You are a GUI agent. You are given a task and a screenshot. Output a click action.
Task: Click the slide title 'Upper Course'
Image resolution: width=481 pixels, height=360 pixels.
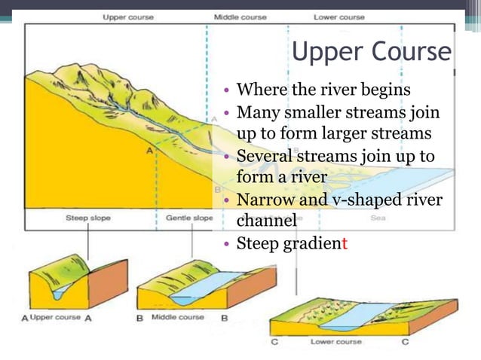pyautogui.click(x=371, y=53)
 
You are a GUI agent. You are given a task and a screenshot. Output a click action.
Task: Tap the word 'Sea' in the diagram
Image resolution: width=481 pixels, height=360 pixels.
pyautogui.click(x=378, y=218)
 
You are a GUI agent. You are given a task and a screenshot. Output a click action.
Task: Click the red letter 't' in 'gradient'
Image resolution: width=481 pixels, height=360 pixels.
pyautogui.click(x=344, y=243)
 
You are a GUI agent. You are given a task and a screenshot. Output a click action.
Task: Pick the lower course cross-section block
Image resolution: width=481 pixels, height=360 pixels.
pyautogui.click(x=362, y=313)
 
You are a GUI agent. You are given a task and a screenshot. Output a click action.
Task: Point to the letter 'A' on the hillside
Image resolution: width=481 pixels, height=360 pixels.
pyautogui.click(x=149, y=151)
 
